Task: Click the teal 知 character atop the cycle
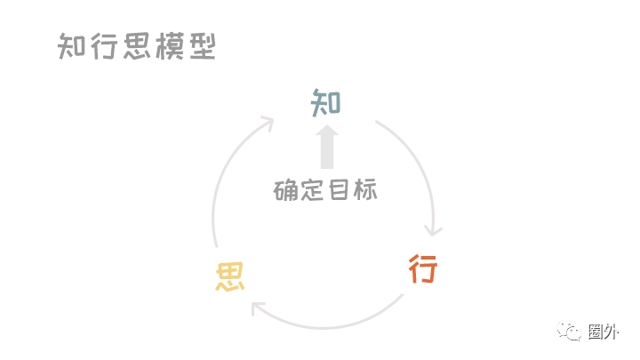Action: tap(325, 103)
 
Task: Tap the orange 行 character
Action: tap(423, 268)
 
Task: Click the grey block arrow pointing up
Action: tap(326, 147)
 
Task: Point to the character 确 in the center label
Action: tap(286, 190)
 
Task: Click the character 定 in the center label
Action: tap(313, 190)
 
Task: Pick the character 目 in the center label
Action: tap(340, 190)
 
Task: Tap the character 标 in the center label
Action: tap(365, 190)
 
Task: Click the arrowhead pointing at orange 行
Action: tap(434, 230)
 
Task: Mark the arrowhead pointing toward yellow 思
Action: tap(258, 308)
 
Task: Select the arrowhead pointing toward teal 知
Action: tap(267, 122)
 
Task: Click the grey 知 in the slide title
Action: tap(71, 46)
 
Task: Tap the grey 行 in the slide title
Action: tap(100, 46)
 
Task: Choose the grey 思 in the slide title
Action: tap(130, 46)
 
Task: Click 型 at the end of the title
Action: tap(202, 46)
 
